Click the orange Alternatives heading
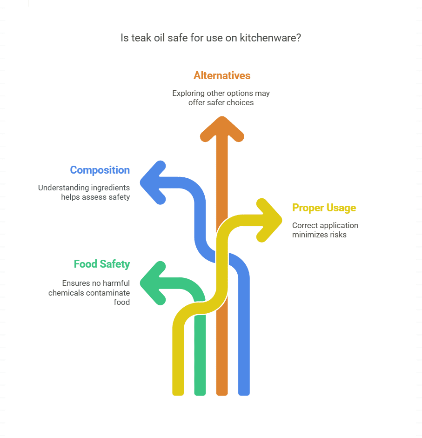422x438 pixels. click(222, 75)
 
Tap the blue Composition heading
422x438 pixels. click(100, 170)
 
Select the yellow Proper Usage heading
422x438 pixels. click(324, 208)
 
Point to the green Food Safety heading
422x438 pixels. click(101, 264)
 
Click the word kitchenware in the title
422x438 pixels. click(270, 38)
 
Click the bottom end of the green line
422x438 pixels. click(200, 392)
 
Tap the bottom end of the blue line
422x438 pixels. click(244, 392)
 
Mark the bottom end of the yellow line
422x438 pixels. click(178, 392)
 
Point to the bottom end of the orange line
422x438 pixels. click(222, 392)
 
